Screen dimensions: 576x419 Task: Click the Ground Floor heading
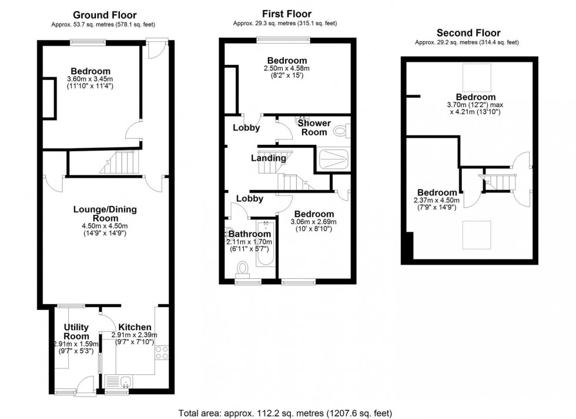pyautogui.click(x=105, y=15)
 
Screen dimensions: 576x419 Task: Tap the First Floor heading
pyautogui.click(x=287, y=14)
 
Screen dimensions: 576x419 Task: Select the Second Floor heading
pyautogui.click(x=468, y=33)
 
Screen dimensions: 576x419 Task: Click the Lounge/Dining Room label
pyautogui.click(x=105, y=214)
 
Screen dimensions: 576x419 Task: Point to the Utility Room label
pyautogui.click(x=76, y=332)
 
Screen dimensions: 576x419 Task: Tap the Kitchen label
pyautogui.click(x=135, y=327)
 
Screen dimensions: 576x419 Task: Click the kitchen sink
pyautogui.click(x=119, y=382)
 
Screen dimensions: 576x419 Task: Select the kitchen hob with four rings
pyautogui.click(x=162, y=353)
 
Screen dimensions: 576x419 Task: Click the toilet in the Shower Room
pyautogui.click(x=342, y=130)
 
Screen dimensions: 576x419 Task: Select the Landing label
pyautogui.click(x=269, y=158)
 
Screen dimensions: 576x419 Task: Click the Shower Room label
pyautogui.click(x=314, y=127)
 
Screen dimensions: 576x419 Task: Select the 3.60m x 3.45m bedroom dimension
pyautogui.click(x=90, y=79)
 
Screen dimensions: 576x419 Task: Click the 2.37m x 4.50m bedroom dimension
pyautogui.click(x=436, y=201)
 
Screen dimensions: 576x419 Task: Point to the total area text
pyautogui.click(x=286, y=413)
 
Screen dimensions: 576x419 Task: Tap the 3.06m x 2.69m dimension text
pyautogui.click(x=313, y=222)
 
